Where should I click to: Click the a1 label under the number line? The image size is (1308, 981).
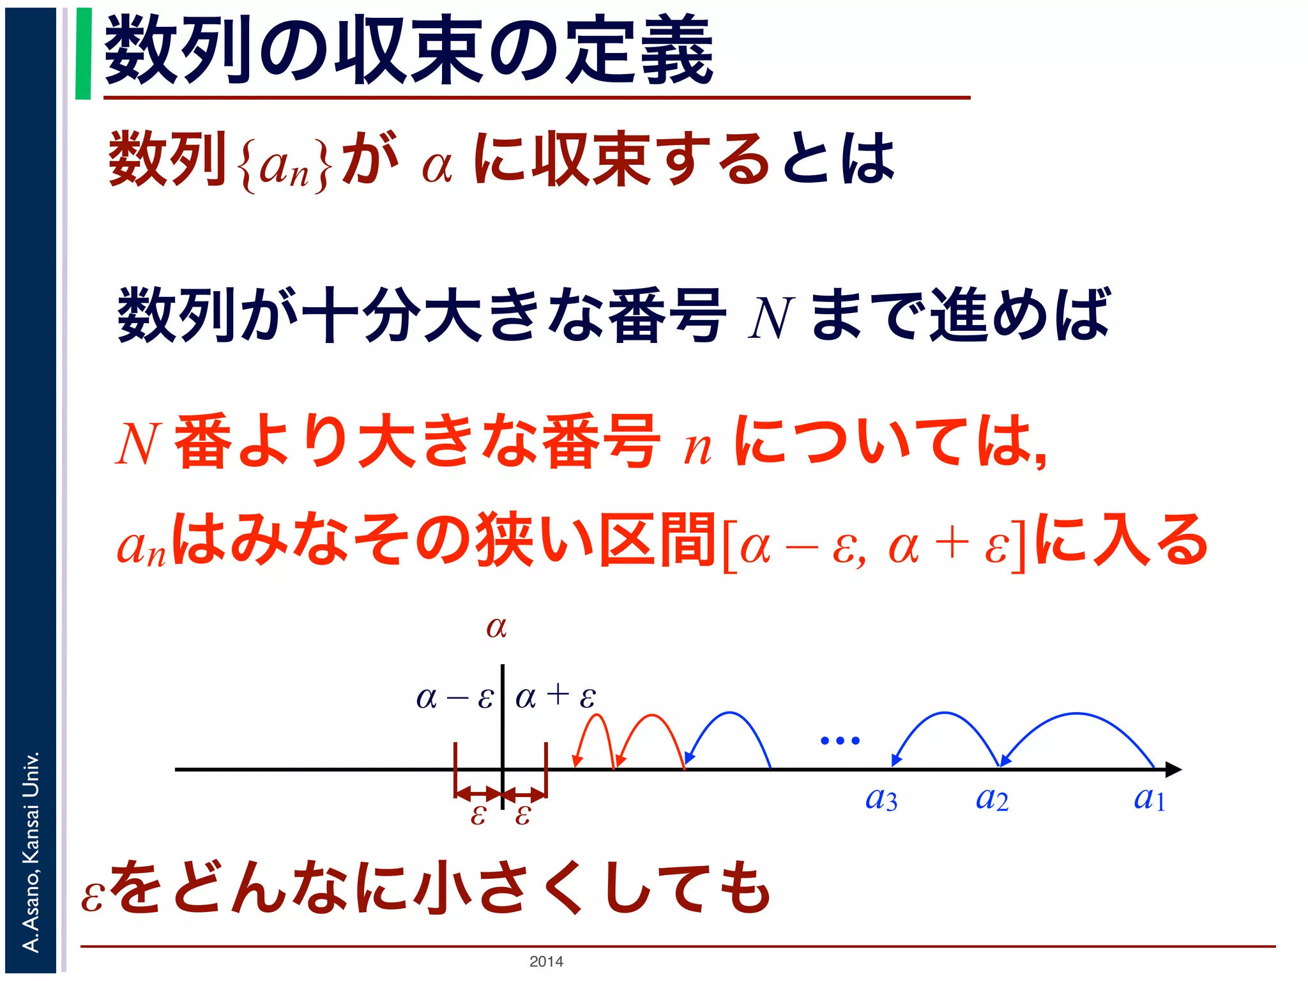coord(1150,799)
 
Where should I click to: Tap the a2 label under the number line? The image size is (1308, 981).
coord(992,799)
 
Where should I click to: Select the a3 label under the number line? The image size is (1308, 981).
coord(881,799)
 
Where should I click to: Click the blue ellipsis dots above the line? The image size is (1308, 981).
coord(840,741)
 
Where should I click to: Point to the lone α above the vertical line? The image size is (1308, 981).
coord(496,627)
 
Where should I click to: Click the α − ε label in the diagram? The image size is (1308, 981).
coord(455,697)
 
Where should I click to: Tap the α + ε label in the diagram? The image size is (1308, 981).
coord(555,696)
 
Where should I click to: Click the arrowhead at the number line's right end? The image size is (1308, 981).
coord(1174,770)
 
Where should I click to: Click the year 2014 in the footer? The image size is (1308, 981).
coord(546,961)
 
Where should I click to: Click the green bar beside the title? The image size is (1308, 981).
coord(83,54)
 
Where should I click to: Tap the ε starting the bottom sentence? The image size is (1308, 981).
coord(92,896)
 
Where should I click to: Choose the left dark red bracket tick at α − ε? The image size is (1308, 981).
coord(455,770)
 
